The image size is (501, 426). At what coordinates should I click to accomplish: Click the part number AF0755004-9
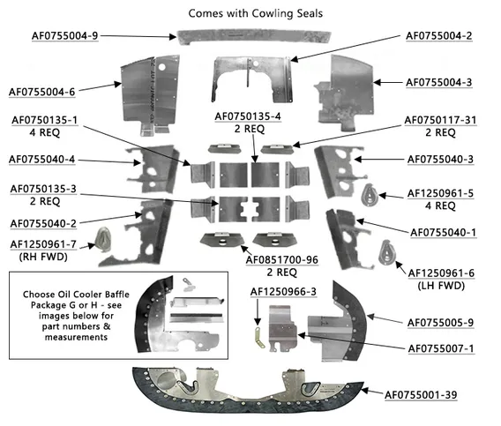(x=65, y=36)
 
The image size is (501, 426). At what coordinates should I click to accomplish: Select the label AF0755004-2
(x=439, y=36)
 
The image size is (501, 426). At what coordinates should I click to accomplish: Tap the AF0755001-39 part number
(x=421, y=395)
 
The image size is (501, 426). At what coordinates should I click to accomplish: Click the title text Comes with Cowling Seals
(x=255, y=13)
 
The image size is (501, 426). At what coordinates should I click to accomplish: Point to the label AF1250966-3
(x=283, y=292)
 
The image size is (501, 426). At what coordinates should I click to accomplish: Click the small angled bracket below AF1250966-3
(x=259, y=338)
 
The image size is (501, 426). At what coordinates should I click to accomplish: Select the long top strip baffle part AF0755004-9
(x=254, y=37)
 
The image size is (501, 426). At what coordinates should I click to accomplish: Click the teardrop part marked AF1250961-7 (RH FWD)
(x=103, y=239)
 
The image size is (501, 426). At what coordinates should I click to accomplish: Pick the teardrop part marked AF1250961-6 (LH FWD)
(x=387, y=252)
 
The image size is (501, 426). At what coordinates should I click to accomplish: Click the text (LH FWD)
(x=441, y=286)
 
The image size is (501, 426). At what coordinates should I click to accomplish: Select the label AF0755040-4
(x=41, y=160)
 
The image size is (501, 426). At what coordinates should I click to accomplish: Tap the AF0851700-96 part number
(x=282, y=260)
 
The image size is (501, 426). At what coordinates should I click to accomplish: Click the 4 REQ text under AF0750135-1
(x=45, y=132)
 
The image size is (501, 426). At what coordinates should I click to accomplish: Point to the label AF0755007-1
(x=441, y=348)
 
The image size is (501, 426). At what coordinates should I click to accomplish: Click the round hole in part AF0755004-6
(x=161, y=67)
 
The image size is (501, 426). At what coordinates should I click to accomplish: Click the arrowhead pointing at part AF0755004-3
(x=378, y=82)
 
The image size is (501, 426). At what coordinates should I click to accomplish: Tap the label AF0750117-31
(x=441, y=121)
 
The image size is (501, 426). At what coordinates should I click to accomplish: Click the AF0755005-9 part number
(x=441, y=323)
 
